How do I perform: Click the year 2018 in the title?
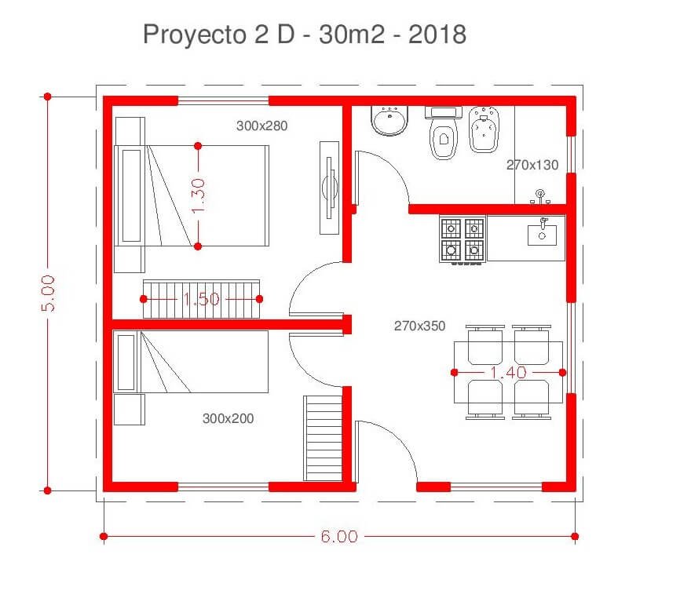pos(437,35)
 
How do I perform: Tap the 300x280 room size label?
pos(261,126)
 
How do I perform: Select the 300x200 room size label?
pos(228,418)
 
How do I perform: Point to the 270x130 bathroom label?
pos(532,165)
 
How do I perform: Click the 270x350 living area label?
pos(419,326)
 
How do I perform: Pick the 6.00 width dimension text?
pos(339,536)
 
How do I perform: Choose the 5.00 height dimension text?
pos(48,294)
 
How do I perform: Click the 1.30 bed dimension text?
pos(199,195)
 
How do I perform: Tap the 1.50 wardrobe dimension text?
pos(201,299)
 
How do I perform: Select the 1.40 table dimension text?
pos(508,373)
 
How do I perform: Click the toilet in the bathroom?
pos(442,133)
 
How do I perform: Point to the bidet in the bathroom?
pos(484,129)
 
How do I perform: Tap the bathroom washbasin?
pos(389,120)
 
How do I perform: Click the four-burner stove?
pos(462,240)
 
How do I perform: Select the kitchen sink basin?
pos(542,235)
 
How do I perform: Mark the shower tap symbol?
pos(540,196)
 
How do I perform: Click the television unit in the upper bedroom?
pos(329,188)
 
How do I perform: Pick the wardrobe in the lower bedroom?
pos(323,438)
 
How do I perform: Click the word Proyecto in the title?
pos(195,35)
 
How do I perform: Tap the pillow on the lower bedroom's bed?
pos(126,363)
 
